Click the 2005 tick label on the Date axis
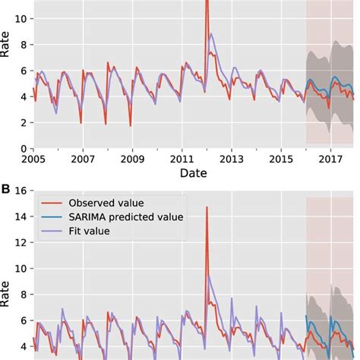click(x=33, y=159)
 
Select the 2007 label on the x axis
click(x=83, y=159)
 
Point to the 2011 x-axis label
click(x=182, y=159)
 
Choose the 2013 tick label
click(x=232, y=159)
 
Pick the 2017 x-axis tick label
click(x=331, y=159)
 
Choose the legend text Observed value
click(x=103, y=203)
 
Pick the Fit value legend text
click(x=90, y=231)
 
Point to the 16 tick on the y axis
click(x=21, y=191)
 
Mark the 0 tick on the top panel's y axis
click(x=24, y=148)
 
